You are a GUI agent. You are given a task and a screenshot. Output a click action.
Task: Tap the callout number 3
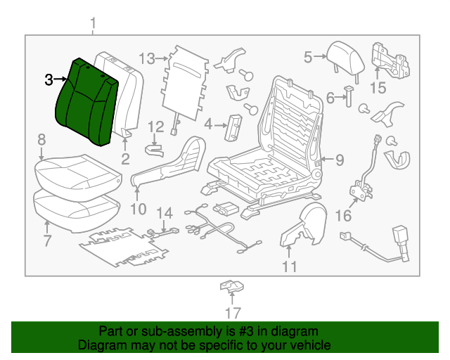point(49,79)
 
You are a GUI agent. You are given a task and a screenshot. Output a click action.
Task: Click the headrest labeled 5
point(345,54)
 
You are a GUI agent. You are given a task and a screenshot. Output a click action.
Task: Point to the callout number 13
point(146,58)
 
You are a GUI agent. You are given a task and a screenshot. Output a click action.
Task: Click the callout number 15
point(378,88)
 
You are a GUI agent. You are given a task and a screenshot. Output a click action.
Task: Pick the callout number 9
point(339,160)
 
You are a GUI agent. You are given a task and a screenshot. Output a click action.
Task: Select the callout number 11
point(290,266)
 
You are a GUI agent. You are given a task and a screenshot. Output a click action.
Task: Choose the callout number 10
point(137,208)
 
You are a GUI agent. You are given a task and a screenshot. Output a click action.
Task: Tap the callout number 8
point(41,140)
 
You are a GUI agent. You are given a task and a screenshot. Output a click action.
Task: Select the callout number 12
point(156,127)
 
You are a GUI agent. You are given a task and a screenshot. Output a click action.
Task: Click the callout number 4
point(208,124)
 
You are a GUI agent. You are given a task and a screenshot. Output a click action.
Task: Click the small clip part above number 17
point(230,286)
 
